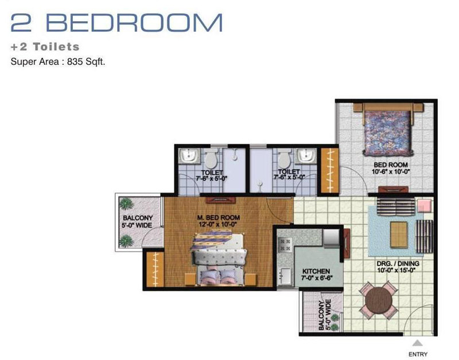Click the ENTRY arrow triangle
tap(418, 343)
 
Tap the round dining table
tap(379, 300)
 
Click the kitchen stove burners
tap(285, 245)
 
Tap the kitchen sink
tap(285, 276)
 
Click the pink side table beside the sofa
tap(424, 206)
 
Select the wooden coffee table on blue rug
tap(399, 234)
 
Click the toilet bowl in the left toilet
tap(211, 158)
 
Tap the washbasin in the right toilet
tap(306, 156)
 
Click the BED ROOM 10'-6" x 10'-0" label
tap(391, 168)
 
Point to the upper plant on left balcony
tap(126, 204)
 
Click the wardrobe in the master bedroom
tap(155, 269)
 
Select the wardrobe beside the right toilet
tap(329, 170)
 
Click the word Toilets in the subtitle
tap(56, 47)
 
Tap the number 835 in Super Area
tap(75, 62)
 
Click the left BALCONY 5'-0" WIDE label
tap(137, 221)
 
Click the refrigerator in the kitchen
tap(332, 237)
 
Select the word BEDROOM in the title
tap(134, 22)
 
